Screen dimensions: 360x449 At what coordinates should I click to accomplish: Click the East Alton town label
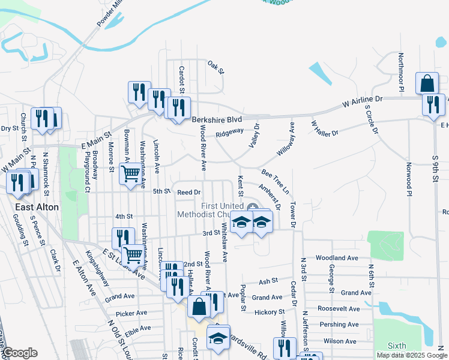37,207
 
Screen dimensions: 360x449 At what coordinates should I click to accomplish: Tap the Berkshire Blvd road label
217,119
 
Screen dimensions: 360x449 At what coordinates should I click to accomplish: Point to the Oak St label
215,67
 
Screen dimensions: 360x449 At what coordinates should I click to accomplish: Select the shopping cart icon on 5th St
130,175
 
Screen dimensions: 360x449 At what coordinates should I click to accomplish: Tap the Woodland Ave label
337,258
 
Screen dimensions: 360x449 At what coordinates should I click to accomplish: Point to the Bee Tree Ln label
275,181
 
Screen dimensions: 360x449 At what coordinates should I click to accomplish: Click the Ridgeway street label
229,131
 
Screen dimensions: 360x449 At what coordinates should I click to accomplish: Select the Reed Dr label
188,192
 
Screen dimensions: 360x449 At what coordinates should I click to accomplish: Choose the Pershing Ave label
340,325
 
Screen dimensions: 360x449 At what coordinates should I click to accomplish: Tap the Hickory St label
269,312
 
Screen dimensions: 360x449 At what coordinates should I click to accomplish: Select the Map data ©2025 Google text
411,355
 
